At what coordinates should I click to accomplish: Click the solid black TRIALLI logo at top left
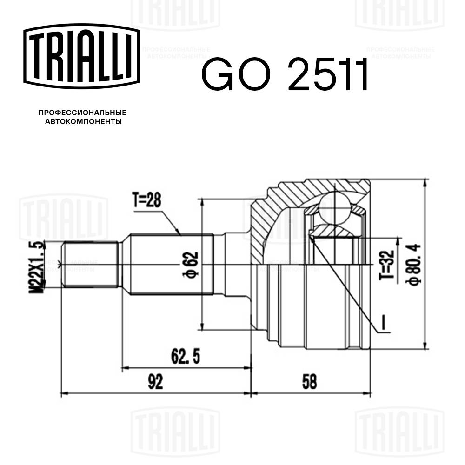(82, 55)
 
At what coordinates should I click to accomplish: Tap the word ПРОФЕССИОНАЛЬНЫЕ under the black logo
(82, 113)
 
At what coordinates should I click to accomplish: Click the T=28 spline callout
(146, 200)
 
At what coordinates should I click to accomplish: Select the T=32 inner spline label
(389, 266)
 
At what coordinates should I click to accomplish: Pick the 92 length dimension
(155, 382)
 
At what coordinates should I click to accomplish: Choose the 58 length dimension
(309, 382)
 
